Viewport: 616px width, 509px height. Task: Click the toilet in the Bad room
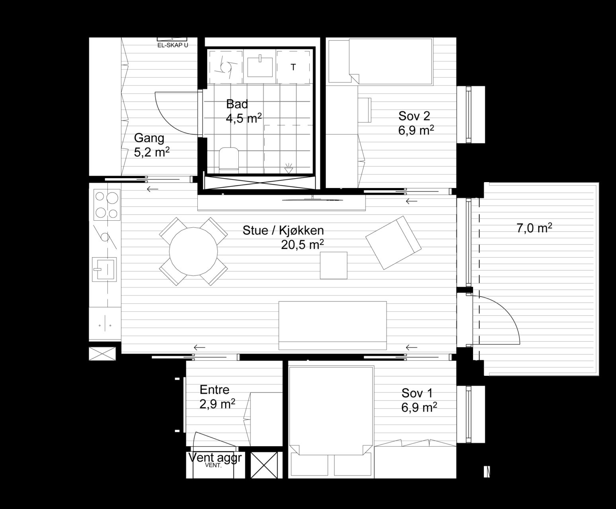[229, 159]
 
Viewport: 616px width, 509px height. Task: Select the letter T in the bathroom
[293, 67]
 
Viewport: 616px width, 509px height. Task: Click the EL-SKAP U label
[173, 45]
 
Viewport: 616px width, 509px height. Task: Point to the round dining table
[193, 252]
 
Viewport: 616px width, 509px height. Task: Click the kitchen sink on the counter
[104, 269]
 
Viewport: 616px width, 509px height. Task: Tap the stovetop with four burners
[107, 205]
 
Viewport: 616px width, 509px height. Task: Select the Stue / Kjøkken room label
[283, 230]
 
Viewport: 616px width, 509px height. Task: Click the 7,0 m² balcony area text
[534, 228]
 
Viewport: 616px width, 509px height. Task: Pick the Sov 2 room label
[414, 116]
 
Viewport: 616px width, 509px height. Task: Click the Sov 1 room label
[417, 393]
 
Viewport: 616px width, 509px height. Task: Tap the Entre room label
[214, 390]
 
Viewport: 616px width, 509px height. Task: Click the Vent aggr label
[215, 458]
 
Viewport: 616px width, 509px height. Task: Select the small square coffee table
[333, 265]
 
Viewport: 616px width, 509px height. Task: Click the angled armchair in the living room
[394, 243]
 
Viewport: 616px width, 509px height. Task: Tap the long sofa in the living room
[333, 326]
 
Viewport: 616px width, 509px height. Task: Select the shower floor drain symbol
[288, 169]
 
